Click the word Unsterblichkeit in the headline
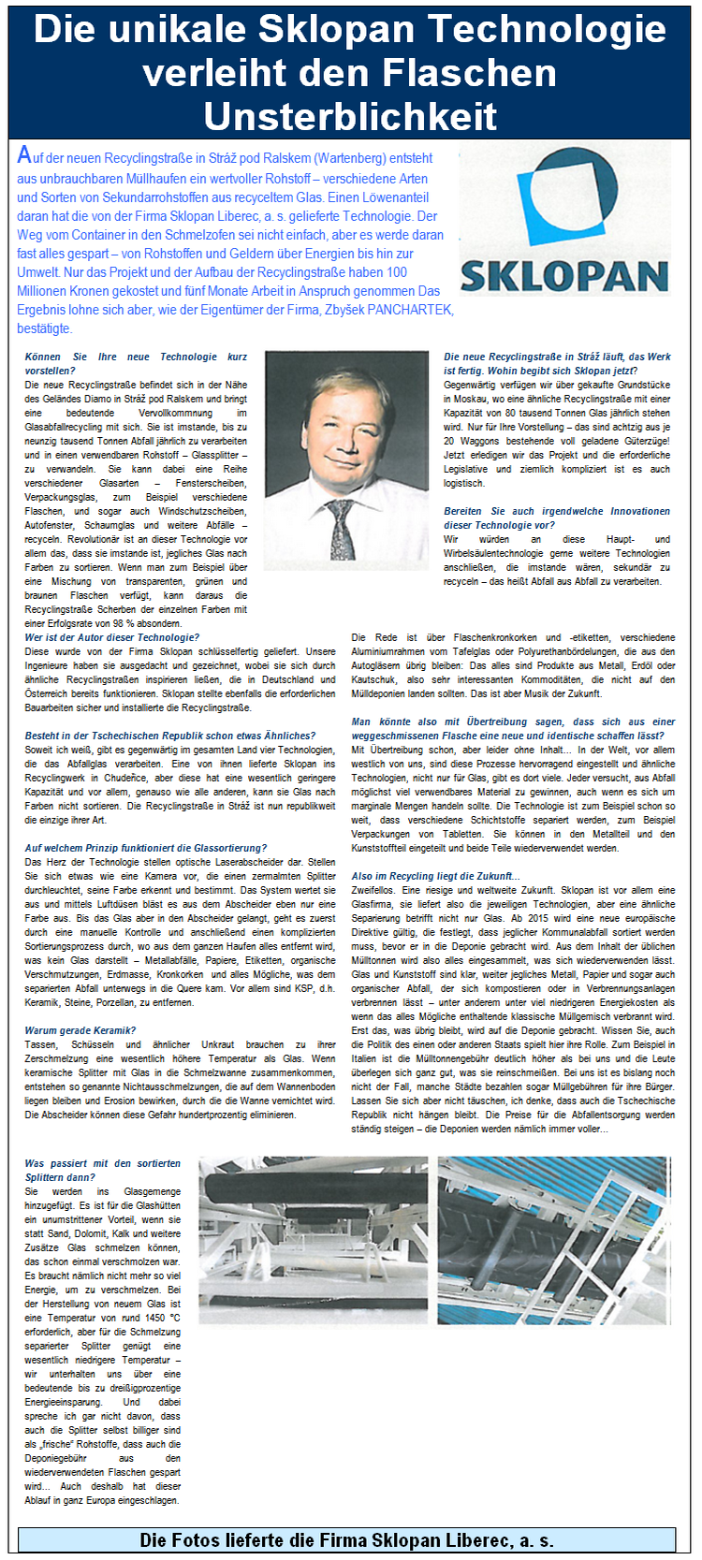point(350,116)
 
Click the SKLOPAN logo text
point(564,278)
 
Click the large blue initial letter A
point(24,156)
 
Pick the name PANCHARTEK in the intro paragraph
point(411,310)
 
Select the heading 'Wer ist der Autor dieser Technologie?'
point(111,637)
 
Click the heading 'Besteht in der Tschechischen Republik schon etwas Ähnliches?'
point(169,736)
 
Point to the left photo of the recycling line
point(314,1240)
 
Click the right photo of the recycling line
point(554,1240)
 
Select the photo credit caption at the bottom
point(346,1540)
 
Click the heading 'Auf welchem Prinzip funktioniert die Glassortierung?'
point(146,848)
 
